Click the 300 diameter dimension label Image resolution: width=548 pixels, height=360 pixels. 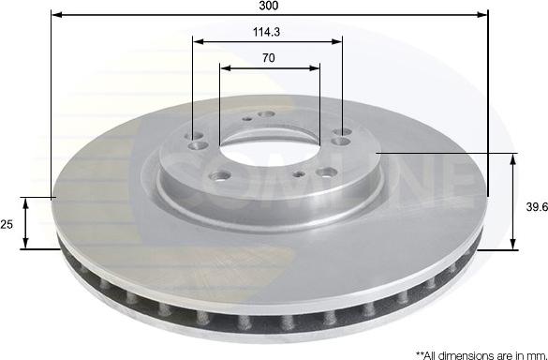(269, 6)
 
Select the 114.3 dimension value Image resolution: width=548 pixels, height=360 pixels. (266, 32)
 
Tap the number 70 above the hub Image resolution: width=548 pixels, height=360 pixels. (269, 58)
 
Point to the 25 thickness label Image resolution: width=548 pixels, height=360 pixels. (7, 224)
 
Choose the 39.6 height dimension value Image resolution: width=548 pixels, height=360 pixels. (537, 207)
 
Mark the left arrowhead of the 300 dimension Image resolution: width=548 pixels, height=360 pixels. (56, 15)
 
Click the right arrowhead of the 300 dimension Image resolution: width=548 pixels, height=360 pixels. (482, 15)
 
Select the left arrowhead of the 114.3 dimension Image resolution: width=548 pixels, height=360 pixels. (199, 41)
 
